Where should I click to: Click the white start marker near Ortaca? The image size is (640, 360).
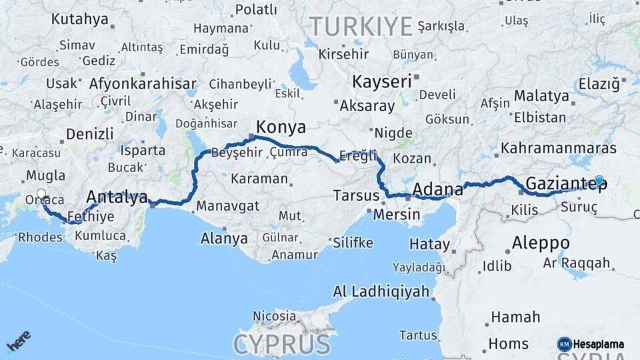coord(41,195)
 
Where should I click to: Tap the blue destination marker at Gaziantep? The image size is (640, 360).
coord(599,180)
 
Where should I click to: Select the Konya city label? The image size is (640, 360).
coord(281,127)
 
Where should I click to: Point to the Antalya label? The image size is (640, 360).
coord(117,197)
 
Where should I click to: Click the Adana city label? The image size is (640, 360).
coord(437,190)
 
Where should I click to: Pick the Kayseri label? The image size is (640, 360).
coord(381,82)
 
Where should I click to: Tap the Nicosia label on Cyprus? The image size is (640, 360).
coord(274,315)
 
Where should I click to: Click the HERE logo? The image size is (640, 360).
coord(18,341)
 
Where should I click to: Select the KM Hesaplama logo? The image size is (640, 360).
coord(591,344)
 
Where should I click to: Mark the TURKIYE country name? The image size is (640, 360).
coord(360,27)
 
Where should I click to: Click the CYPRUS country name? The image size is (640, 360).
coord(281,345)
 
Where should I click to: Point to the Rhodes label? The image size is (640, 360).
coord(40,237)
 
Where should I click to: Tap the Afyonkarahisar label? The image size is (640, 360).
coord(143,84)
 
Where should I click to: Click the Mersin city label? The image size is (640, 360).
coord(397,215)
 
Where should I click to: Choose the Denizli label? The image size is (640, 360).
coord(90,134)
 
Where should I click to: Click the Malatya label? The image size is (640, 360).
coord(541,96)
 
